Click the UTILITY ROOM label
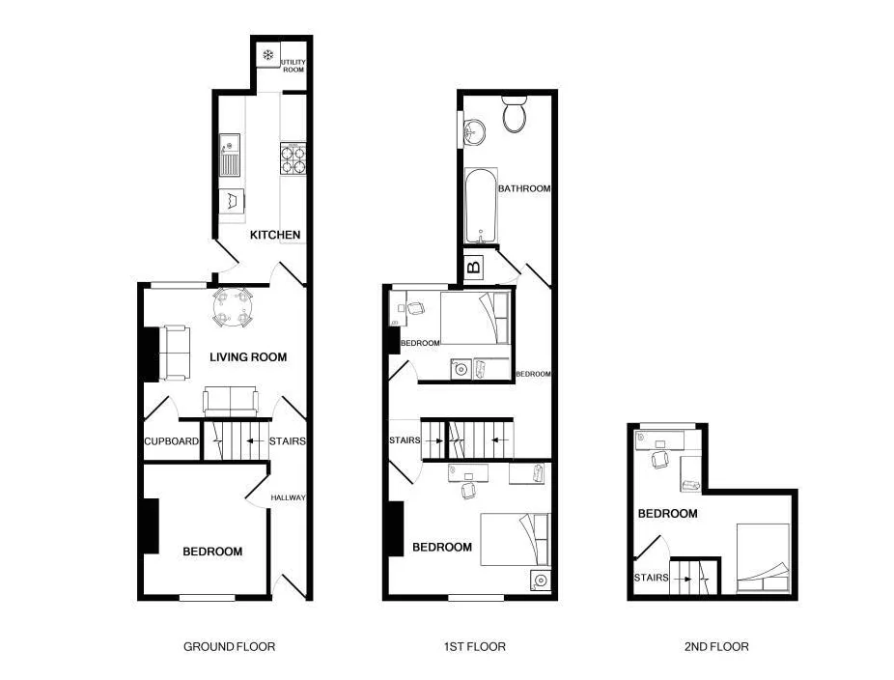(293, 66)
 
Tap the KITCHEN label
(275, 235)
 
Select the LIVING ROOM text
(248, 357)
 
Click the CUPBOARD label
(171, 441)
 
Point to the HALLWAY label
(288, 497)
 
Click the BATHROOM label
(524, 188)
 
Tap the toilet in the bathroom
(515, 114)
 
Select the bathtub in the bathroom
(481, 206)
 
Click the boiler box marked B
(474, 266)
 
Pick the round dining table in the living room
(232, 308)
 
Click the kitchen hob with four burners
(293, 158)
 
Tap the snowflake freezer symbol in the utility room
(268, 55)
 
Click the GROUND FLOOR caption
(229, 646)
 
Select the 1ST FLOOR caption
(474, 646)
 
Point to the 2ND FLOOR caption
(716, 646)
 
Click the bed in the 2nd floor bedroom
(764, 558)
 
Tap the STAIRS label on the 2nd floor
(651, 578)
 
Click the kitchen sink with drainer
(230, 155)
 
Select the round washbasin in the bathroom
(474, 133)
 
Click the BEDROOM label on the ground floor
(212, 552)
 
